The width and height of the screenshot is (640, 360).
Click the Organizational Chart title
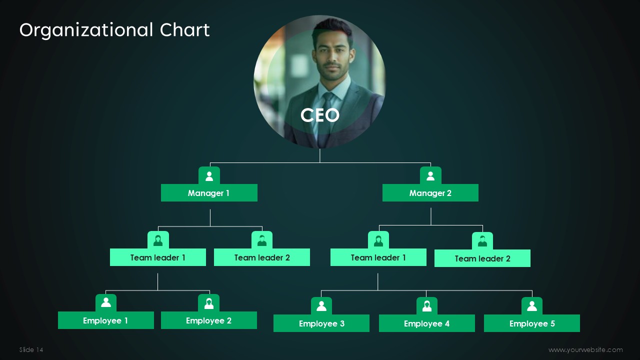click(114, 30)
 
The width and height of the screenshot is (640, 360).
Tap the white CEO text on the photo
click(320, 115)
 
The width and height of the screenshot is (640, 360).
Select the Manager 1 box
click(209, 193)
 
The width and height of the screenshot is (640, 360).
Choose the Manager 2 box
click(430, 193)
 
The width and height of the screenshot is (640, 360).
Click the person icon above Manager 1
click(209, 175)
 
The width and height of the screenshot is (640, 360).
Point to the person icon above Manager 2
click(430, 175)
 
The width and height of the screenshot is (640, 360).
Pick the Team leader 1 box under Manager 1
click(157, 257)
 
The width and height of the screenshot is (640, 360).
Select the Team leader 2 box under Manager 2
click(482, 258)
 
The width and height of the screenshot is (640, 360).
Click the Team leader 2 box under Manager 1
click(261, 257)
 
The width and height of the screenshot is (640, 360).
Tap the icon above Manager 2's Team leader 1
click(378, 240)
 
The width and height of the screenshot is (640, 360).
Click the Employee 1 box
click(105, 320)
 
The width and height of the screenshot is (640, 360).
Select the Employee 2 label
click(208, 320)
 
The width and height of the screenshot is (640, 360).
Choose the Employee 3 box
click(321, 323)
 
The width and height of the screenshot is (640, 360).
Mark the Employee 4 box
click(426, 323)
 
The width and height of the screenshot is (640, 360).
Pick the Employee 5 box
click(531, 323)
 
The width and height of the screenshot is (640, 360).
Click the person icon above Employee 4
click(426, 305)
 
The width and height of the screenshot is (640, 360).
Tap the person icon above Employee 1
click(105, 302)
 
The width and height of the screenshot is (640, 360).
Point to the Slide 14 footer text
click(31, 350)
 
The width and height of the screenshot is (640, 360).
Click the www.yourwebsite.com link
click(585, 350)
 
